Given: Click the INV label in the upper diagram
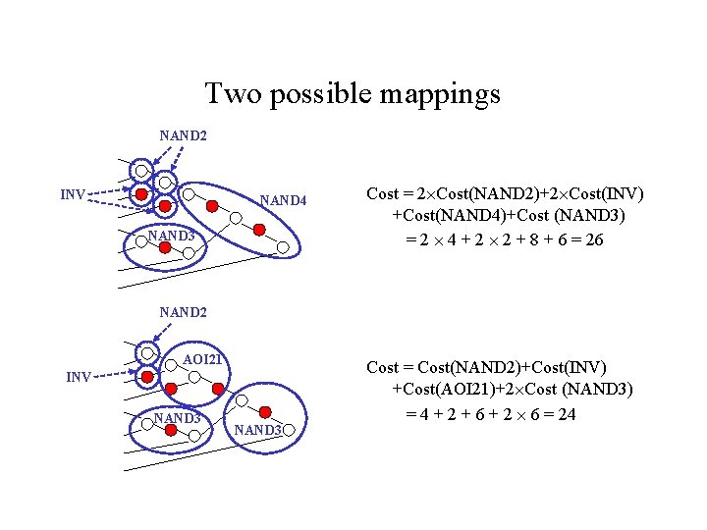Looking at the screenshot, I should [74, 193].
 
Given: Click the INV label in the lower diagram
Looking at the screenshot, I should [80, 376].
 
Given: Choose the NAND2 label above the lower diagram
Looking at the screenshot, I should [183, 313].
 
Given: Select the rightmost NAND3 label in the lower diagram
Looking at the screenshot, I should [259, 430].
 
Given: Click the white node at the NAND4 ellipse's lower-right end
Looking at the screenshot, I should [281, 247].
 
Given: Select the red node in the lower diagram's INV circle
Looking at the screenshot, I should [145, 376].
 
